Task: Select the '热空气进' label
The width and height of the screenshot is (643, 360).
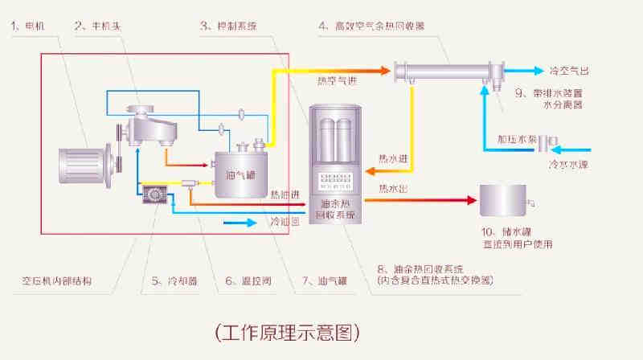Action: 338,80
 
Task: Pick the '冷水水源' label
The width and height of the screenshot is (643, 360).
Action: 569,164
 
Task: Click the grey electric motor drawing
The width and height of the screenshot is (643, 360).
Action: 81,166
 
